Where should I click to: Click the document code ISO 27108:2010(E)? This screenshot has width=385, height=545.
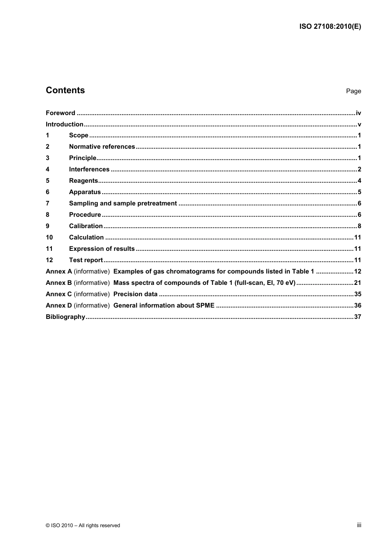pyautogui.click(x=330, y=27)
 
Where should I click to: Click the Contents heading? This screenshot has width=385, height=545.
pyautogui.click(x=65, y=90)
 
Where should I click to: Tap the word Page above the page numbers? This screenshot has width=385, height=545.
pyautogui.click(x=353, y=91)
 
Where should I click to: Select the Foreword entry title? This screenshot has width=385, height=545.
pyautogui.click(x=60, y=113)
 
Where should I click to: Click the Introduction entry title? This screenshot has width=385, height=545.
pyautogui.click(x=64, y=124)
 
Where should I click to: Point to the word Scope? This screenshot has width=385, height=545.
pyautogui.click(x=79, y=135)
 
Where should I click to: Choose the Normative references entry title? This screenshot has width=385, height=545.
pyautogui.click(x=102, y=147)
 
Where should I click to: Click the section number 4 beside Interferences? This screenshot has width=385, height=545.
pyautogui.click(x=47, y=169)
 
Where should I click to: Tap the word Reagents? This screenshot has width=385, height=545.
pyautogui.click(x=83, y=181)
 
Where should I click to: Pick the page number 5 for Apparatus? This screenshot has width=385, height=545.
pyautogui.click(x=359, y=192)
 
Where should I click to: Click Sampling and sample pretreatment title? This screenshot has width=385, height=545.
pyautogui.click(x=123, y=203)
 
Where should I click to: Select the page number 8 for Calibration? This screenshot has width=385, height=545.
pyautogui.click(x=359, y=226)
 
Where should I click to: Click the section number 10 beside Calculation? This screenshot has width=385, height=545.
pyautogui.click(x=49, y=237)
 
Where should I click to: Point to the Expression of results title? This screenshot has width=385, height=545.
pyautogui.click(x=102, y=249)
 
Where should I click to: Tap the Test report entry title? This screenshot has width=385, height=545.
pyautogui.click(x=86, y=260)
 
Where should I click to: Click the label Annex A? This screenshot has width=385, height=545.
pyautogui.click(x=59, y=271)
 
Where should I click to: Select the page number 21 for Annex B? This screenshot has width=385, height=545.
pyautogui.click(x=357, y=283)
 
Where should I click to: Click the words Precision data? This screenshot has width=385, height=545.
pyautogui.click(x=135, y=294)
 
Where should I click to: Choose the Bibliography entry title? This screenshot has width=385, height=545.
pyautogui.click(x=65, y=317)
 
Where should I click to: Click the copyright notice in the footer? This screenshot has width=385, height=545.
pyautogui.click(x=83, y=526)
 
